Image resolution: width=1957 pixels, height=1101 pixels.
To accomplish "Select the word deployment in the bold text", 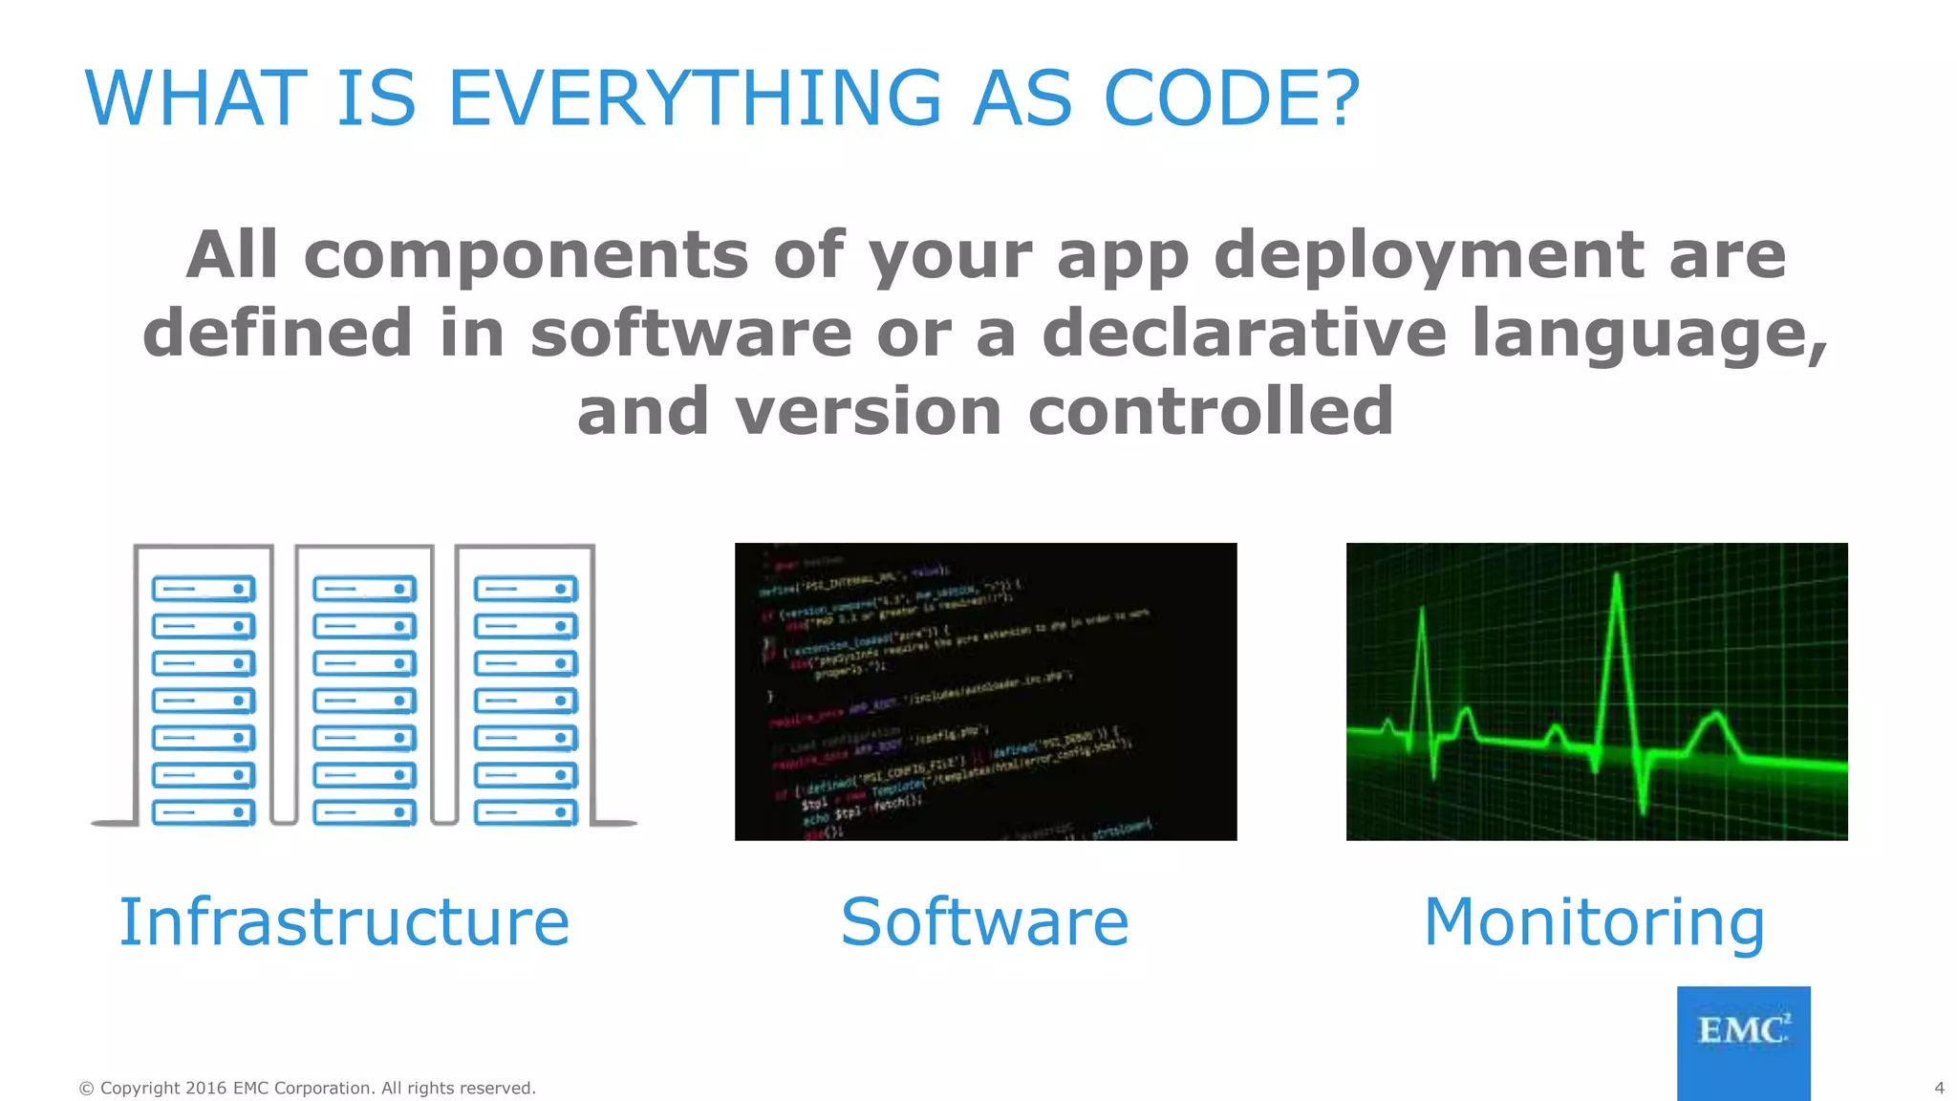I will tap(1429, 255).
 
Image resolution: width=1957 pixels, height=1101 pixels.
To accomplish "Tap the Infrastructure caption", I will tap(344, 922).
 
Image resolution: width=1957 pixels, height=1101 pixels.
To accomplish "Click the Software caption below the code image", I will tap(984, 922).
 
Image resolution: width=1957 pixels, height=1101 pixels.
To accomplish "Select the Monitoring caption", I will tap(1594, 922).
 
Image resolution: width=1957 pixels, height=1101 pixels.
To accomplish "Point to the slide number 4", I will tap(1939, 1088).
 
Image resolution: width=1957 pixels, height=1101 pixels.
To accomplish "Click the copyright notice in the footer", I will tap(307, 1088).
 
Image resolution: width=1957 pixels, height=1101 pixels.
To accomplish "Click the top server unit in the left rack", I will tap(204, 589).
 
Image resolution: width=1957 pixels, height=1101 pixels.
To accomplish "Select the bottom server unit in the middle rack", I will tap(364, 812).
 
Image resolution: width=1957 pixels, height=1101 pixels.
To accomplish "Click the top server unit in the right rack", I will tap(526, 589).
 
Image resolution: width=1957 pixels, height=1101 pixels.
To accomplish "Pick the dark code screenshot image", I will tap(985, 691).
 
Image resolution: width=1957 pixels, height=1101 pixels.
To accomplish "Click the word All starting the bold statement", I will tap(231, 255).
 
